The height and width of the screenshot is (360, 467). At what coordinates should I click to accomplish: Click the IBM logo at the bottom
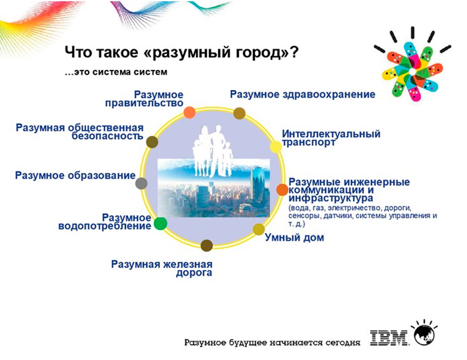390,338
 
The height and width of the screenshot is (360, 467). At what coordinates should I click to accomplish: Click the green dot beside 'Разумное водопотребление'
160,223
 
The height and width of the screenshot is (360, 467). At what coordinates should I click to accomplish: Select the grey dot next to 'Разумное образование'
141,183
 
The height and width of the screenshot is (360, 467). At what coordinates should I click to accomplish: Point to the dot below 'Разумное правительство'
189,113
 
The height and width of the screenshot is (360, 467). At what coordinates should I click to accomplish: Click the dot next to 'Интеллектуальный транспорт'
276,147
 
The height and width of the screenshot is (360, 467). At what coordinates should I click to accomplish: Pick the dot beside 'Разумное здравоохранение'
239,113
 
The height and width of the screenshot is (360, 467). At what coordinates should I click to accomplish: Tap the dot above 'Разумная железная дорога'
207,245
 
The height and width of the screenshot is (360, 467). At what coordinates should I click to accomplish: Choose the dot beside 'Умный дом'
259,229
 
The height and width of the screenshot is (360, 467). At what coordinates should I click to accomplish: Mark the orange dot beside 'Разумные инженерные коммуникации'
282,189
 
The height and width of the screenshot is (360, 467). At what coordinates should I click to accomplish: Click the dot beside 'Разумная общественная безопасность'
152,141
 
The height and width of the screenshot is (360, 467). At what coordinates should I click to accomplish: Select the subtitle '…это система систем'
116,72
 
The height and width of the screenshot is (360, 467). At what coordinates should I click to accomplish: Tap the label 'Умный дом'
294,238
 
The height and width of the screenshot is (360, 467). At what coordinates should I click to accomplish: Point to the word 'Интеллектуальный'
331,133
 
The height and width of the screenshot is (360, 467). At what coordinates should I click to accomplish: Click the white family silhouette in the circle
211,151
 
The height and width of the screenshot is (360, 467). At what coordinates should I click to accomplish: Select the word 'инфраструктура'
331,198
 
